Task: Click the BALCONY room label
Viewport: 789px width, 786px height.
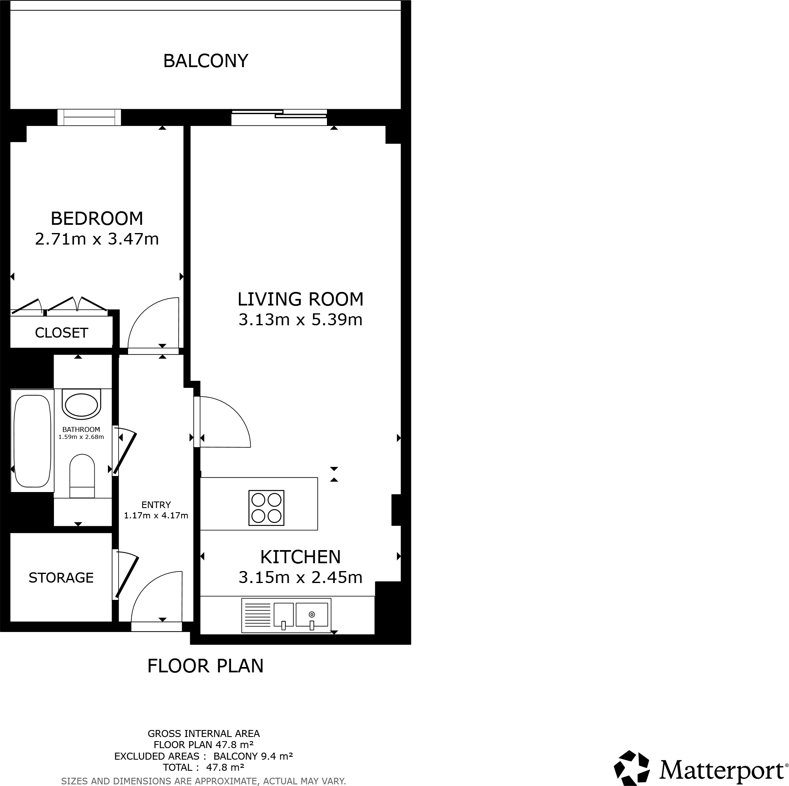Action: [x=205, y=61]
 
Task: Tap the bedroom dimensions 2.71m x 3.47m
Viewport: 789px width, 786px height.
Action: [x=97, y=239]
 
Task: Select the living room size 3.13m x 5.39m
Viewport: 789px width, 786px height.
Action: [x=300, y=320]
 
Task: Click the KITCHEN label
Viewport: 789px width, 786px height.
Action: [x=300, y=557]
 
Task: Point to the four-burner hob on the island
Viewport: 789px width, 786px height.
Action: [x=266, y=508]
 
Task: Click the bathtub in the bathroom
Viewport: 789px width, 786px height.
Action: [x=32, y=441]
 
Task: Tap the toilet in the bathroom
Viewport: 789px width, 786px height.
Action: [x=82, y=476]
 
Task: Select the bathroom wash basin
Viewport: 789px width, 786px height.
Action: [x=82, y=405]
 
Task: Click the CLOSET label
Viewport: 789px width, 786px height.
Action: [x=61, y=333]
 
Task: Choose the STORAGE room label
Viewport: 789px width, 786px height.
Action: [x=61, y=578]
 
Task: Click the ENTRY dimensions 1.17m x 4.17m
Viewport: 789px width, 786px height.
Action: [x=156, y=515]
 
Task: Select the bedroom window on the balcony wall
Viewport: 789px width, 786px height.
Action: [x=89, y=117]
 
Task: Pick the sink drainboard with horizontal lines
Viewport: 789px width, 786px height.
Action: [x=257, y=615]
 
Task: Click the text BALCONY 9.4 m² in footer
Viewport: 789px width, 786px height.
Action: [x=253, y=756]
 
